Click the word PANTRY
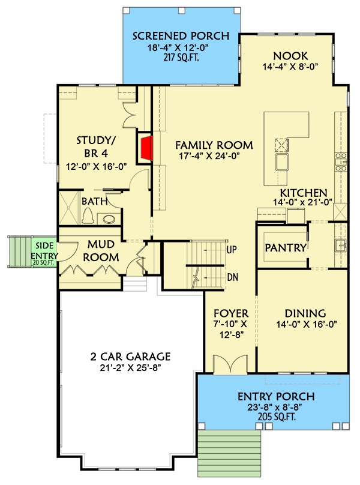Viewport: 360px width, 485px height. [286, 247]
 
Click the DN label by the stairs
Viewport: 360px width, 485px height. [232, 278]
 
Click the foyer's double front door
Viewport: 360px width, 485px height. [230, 365]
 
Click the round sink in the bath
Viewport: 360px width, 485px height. [109, 218]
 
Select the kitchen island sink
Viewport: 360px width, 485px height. [281, 163]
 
